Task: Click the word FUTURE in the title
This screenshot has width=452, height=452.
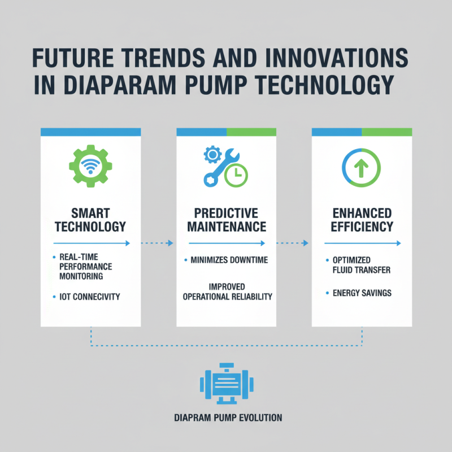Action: [x=67, y=59]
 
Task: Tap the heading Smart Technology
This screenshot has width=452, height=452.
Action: [x=90, y=220]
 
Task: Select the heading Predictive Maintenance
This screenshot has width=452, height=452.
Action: [x=226, y=220]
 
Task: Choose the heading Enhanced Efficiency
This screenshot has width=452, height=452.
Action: [x=362, y=220]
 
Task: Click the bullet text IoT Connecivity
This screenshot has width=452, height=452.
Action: [x=90, y=297]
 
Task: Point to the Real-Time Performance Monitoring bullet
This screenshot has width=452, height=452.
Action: [x=86, y=267]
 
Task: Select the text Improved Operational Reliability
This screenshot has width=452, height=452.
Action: [x=226, y=292]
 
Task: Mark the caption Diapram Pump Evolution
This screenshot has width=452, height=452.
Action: [x=226, y=419]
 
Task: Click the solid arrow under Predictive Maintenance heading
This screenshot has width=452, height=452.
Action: [x=226, y=244]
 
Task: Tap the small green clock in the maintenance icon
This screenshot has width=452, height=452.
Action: [x=236, y=176]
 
